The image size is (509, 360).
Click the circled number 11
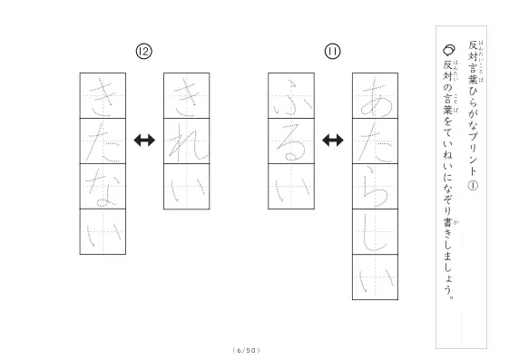[x=333, y=52]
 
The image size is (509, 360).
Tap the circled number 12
[x=143, y=52]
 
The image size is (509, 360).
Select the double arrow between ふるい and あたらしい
[x=333, y=141]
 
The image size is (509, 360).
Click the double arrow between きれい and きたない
[x=144, y=141]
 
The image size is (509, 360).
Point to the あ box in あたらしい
[x=376, y=96]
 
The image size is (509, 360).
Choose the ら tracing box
[x=376, y=187]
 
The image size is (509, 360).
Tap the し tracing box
[x=376, y=232]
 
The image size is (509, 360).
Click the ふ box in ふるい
[x=291, y=96]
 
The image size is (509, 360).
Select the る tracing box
[x=291, y=141]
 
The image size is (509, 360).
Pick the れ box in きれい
[x=187, y=141]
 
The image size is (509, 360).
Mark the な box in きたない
[x=103, y=186]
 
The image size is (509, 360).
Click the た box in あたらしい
[x=376, y=141]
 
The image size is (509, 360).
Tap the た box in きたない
[x=103, y=141]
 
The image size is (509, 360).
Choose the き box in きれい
[x=187, y=96]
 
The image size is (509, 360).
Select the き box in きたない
[x=103, y=96]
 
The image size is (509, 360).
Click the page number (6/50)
[x=247, y=350]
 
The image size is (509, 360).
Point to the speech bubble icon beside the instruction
[x=448, y=50]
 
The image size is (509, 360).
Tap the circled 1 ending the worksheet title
[x=473, y=185]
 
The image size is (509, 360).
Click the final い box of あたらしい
[x=376, y=277]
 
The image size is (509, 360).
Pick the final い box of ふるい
[x=291, y=187]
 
